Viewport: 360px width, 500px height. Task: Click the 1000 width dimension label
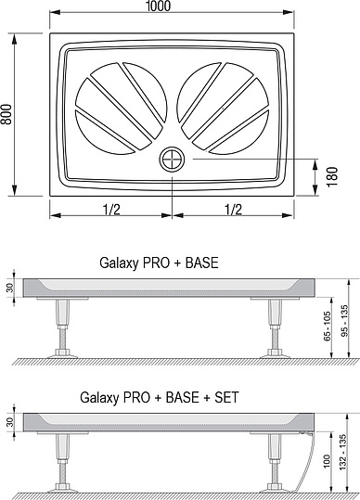point(158,6)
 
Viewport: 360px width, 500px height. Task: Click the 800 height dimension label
point(6,114)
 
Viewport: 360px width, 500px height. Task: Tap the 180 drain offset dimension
point(332,176)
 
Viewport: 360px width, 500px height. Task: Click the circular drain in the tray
point(172,159)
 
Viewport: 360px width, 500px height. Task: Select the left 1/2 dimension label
point(111,210)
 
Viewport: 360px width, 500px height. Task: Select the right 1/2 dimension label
point(233,210)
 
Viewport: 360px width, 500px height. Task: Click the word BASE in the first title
point(202,263)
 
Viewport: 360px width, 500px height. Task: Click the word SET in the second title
point(226,397)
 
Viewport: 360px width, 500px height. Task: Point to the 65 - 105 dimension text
point(328,327)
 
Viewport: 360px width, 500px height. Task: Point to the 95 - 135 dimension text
point(345,320)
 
